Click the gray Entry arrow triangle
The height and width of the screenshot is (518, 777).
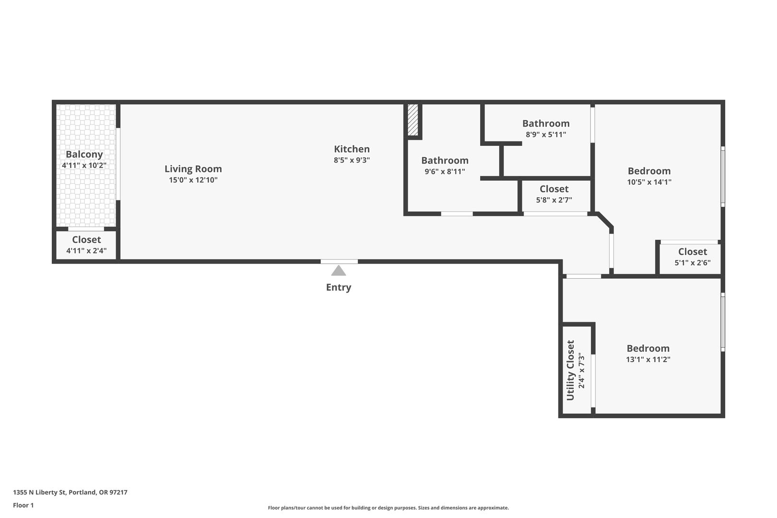(x=339, y=271)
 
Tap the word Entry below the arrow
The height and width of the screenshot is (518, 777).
(x=339, y=288)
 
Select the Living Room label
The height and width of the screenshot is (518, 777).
(x=193, y=169)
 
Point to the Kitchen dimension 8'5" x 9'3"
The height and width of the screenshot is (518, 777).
(x=352, y=160)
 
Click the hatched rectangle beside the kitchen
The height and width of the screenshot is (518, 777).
(x=413, y=120)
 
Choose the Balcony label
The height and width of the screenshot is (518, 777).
(x=84, y=154)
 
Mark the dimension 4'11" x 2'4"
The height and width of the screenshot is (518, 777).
(x=86, y=250)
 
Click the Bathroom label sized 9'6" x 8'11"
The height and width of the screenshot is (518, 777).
(x=445, y=161)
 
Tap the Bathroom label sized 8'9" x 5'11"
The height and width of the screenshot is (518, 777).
(x=546, y=124)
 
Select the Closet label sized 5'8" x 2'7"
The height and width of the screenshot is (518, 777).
(x=554, y=189)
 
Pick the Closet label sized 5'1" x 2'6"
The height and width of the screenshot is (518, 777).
(x=693, y=252)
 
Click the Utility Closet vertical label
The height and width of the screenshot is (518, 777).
(x=571, y=370)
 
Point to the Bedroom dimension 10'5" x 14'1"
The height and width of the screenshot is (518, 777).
(x=649, y=182)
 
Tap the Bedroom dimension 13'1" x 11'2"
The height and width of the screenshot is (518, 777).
(x=648, y=359)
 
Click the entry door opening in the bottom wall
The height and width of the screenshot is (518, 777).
(x=339, y=261)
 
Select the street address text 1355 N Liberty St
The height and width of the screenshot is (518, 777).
(x=39, y=492)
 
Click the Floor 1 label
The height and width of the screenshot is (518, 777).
(x=23, y=505)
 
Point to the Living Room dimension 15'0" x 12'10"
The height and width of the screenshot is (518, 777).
(x=193, y=180)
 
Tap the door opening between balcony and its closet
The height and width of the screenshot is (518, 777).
(x=86, y=229)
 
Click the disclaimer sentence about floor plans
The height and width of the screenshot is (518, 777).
(x=388, y=508)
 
